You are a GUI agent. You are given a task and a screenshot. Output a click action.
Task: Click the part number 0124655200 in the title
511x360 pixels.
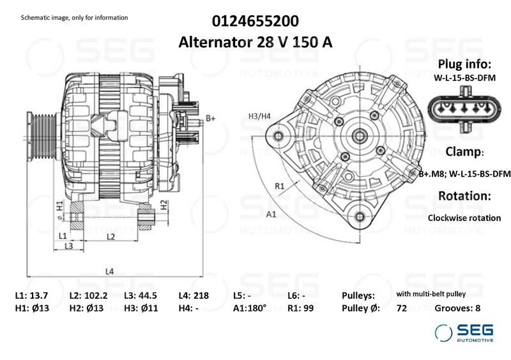point(255,21)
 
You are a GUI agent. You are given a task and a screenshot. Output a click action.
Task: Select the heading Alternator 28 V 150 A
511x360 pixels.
point(255,43)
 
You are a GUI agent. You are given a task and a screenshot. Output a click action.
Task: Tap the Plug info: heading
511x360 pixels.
point(464,64)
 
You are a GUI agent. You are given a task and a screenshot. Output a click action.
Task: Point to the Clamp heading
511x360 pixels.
point(464,153)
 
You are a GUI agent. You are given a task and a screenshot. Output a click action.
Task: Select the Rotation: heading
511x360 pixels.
point(464,195)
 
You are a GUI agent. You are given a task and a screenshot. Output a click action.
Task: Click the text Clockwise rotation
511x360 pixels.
point(464,218)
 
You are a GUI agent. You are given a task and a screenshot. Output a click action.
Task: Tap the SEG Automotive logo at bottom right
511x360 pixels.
point(464,333)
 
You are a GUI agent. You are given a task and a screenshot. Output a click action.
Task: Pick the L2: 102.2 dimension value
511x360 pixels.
point(88,296)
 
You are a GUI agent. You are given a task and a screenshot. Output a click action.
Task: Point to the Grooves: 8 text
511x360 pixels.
point(457,308)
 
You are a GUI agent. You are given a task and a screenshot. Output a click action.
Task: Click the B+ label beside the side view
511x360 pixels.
point(210,119)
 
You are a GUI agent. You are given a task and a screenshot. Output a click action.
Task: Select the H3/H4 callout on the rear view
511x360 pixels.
point(259,116)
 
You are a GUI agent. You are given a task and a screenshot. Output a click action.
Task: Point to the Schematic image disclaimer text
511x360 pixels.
point(74,17)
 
